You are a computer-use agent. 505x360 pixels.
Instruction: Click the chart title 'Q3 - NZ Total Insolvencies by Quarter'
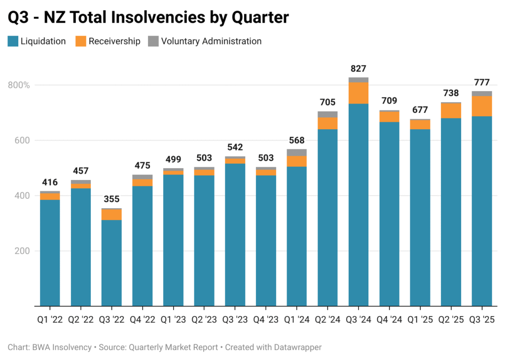click(x=148, y=18)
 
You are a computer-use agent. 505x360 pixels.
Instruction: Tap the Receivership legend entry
click(x=108, y=41)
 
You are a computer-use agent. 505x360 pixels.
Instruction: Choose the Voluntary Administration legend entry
click(x=205, y=41)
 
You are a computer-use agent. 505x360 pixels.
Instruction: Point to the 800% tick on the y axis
click(x=19, y=85)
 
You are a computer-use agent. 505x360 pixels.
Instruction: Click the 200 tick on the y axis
click(x=22, y=251)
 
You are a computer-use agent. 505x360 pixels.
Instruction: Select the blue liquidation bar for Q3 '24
click(x=359, y=205)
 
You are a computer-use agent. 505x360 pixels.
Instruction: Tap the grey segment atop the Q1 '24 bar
click(x=296, y=152)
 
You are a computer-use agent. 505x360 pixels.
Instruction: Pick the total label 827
click(x=359, y=69)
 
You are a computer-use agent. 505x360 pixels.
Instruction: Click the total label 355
click(x=111, y=200)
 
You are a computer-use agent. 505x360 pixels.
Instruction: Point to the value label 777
click(x=482, y=82)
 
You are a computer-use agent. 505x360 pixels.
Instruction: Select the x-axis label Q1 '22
click(x=50, y=320)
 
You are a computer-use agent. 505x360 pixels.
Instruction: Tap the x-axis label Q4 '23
click(x=266, y=320)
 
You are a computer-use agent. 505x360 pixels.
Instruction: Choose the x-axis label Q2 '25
click(x=451, y=320)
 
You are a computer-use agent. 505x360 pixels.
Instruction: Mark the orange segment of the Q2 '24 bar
click(x=327, y=123)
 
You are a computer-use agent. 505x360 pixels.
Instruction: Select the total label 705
click(x=327, y=103)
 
